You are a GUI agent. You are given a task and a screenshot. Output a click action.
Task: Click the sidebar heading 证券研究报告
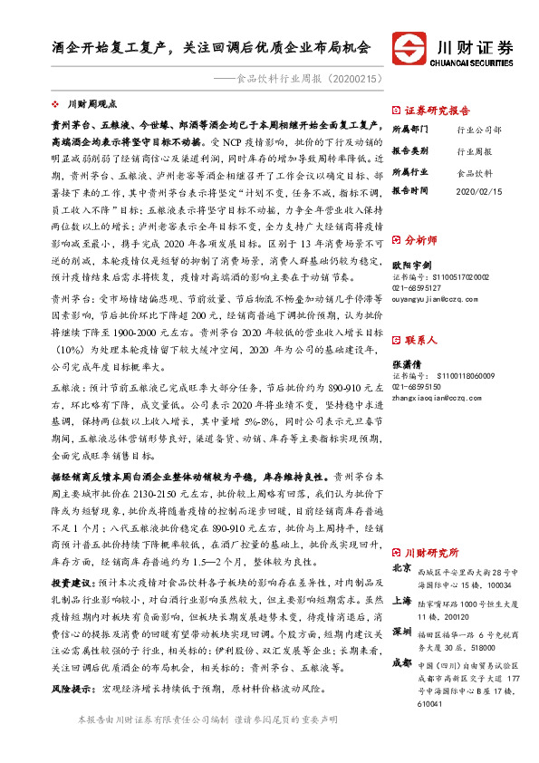437,105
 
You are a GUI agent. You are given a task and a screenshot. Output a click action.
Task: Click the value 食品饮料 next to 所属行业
474,170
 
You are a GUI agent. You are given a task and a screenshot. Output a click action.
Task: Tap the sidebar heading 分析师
420,240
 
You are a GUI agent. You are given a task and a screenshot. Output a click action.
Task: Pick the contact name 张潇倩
409,361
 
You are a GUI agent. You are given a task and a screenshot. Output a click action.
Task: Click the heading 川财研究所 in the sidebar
431,552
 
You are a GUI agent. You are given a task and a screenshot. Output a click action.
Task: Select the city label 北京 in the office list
402,567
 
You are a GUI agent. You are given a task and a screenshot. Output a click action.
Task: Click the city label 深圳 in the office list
402,631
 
